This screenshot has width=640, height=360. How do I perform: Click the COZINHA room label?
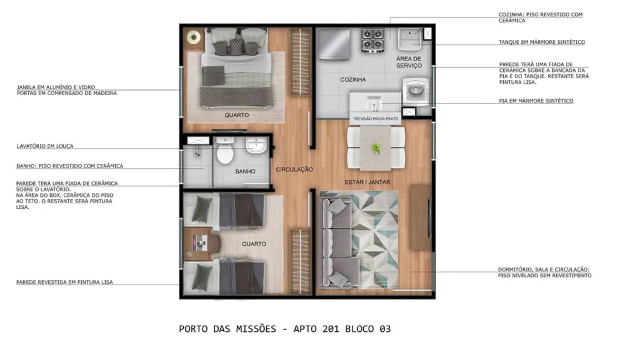click(x=353, y=80)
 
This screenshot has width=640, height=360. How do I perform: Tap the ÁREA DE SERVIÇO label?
click(x=409, y=62)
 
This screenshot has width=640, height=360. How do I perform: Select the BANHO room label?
click(x=245, y=172)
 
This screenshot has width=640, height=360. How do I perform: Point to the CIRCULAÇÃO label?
click(x=295, y=169)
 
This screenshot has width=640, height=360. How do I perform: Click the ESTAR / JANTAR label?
click(x=367, y=182)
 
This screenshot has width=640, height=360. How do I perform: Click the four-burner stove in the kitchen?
click(x=373, y=39)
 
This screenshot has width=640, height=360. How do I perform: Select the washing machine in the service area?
click(x=415, y=91)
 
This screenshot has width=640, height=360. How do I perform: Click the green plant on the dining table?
click(x=376, y=148)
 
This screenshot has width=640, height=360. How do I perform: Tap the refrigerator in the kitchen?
click(x=334, y=44)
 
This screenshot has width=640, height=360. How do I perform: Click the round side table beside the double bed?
click(x=193, y=38)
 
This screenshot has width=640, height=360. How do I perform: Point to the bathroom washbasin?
click(x=256, y=146)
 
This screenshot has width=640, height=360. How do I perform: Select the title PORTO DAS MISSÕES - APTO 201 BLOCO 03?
click(x=285, y=329)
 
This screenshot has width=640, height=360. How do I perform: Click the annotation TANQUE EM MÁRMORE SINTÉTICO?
click(x=541, y=42)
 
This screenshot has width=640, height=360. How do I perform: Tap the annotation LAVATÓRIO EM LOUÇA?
click(x=45, y=147)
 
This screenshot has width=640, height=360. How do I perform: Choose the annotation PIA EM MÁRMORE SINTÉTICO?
click(x=536, y=101)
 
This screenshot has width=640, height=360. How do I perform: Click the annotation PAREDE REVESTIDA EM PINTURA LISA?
click(x=64, y=282)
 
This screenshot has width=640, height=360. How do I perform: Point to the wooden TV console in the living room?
click(x=420, y=217)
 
